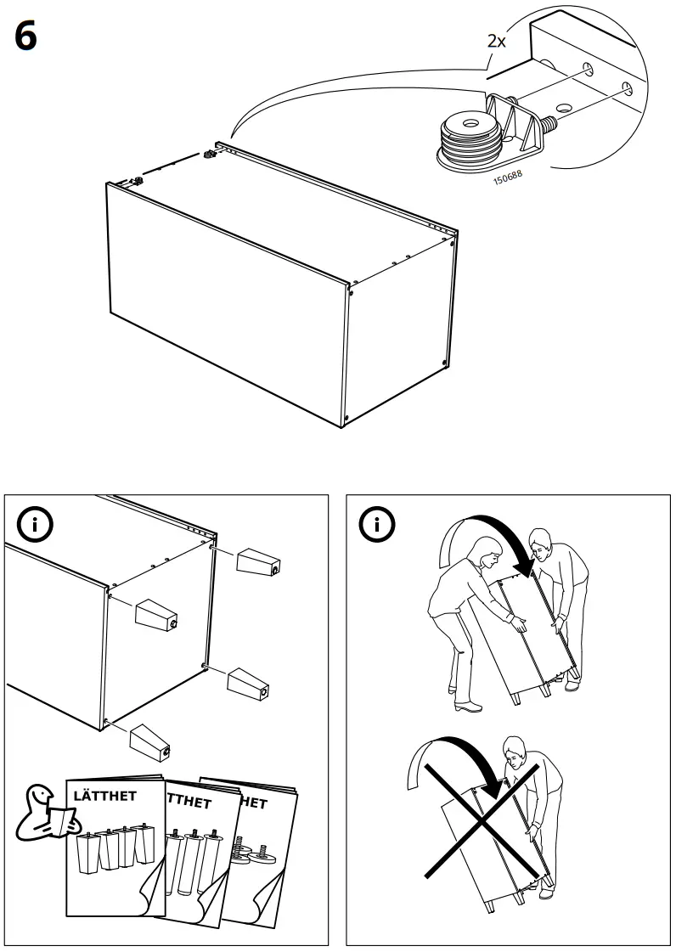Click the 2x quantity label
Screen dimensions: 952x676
[x=496, y=42]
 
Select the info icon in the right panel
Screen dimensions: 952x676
[x=376, y=525]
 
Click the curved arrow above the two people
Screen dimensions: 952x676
[x=484, y=535]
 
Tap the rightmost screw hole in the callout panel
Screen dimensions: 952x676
[x=628, y=86]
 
